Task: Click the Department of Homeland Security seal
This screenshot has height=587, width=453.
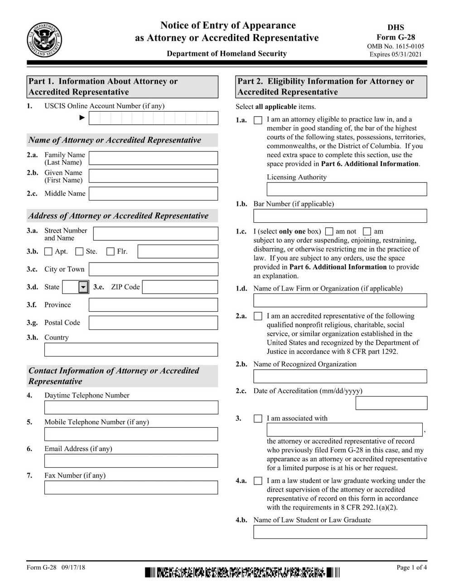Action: coord(44,40)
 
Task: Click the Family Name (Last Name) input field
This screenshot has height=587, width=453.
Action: coord(153,158)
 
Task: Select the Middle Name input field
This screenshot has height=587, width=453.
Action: coord(153,194)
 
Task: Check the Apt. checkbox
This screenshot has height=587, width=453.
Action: coord(48,251)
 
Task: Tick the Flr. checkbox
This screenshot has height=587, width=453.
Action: coord(110,251)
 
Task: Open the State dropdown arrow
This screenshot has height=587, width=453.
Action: coord(83,287)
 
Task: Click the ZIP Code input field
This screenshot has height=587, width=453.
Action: coord(180,287)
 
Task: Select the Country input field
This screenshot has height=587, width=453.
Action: coord(131,350)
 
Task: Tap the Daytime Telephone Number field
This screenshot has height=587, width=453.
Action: coord(131,407)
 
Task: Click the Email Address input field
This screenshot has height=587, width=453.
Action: coord(131,461)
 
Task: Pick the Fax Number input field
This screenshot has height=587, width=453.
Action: coord(131,488)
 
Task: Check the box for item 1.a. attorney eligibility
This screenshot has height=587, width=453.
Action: coord(258,120)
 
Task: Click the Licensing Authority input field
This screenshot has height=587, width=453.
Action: coord(347,189)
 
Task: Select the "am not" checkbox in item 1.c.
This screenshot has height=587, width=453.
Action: coord(329,231)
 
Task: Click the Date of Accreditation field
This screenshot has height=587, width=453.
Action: coord(391,403)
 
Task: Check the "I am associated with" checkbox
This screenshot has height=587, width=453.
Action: coord(258,419)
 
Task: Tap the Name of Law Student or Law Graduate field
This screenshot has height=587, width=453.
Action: coord(340,532)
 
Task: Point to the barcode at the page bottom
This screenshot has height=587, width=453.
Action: coord(242,572)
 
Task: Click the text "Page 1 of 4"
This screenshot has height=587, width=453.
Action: coord(411,567)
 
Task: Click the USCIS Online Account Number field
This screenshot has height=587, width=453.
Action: coord(153,118)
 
